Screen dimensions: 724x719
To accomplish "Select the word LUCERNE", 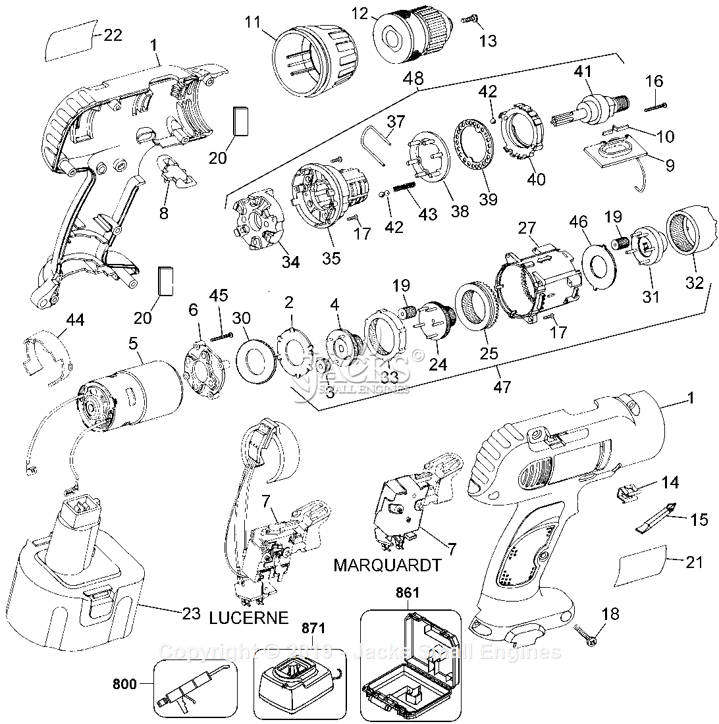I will coord(249,617).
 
